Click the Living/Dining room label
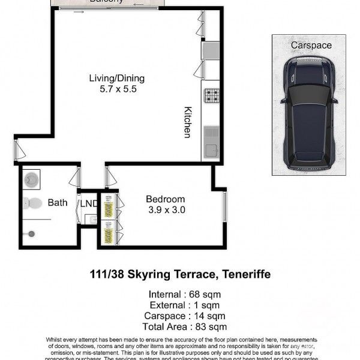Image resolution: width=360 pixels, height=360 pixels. click(x=117, y=78)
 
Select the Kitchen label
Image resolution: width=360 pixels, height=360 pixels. click(x=188, y=122)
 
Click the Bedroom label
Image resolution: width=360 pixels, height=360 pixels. click(x=166, y=199)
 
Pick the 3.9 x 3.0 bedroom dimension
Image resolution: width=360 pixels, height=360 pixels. click(x=166, y=210)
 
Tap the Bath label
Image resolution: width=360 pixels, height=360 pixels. click(x=58, y=203)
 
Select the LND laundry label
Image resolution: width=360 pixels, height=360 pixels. click(x=89, y=203)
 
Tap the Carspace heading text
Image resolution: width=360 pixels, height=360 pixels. click(x=311, y=45)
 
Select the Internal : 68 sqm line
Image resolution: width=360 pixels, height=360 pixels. click(x=179, y=295)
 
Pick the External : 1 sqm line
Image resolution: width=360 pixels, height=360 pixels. click(x=179, y=305)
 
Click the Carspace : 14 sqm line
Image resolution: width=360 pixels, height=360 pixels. click(x=179, y=316)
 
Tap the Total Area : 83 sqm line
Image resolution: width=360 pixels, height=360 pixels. click(x=179, y=327)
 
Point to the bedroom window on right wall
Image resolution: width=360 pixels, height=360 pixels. click(x=225, y=208)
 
